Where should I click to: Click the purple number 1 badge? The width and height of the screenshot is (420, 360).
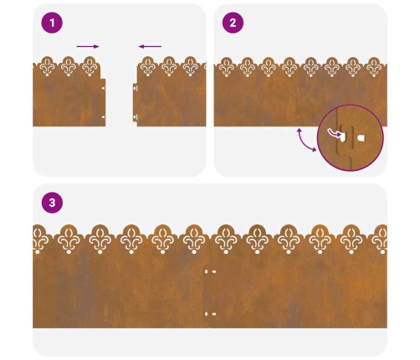point(52,23)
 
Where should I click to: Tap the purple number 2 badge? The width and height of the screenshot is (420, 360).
point(233,23)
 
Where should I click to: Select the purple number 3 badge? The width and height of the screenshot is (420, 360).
point(52,203)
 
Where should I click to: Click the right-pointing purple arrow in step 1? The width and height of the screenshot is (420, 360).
point(88,46)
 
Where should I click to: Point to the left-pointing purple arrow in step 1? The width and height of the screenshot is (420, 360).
point(150,46)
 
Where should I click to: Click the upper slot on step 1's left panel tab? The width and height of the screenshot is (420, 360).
point(103,88)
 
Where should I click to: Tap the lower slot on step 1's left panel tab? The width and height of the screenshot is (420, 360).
point(103,117)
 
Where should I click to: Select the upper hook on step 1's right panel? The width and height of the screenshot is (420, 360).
point(136,88)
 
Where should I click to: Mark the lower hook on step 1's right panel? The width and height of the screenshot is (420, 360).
point(136,117)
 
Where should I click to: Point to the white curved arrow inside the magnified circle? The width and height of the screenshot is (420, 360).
point(334,133)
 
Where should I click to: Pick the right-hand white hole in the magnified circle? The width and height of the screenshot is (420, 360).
point(361,137)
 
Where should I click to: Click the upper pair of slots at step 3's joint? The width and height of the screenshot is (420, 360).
point(211,271)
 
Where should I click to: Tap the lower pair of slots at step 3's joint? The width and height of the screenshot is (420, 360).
point(211,314)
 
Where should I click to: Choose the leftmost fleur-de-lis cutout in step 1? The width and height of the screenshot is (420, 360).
point(47,66)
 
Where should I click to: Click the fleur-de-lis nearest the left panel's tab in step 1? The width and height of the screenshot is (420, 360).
point(90,66)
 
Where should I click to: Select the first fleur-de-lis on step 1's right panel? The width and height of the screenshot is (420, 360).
point(148,66)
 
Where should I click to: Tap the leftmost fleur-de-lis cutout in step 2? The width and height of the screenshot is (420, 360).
point(226,67)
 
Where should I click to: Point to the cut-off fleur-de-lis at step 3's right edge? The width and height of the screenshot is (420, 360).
point(381,239)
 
